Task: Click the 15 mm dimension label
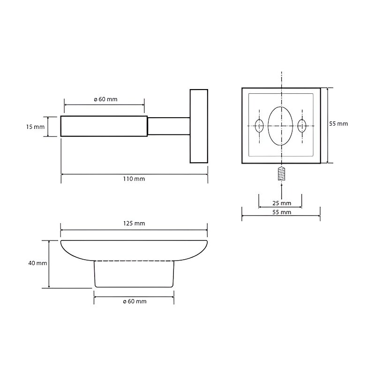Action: [35, 127]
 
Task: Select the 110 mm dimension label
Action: [134, 179]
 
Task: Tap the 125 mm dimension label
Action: [134, 224]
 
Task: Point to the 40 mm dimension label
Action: [37, 263]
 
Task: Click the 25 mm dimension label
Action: [282, 203]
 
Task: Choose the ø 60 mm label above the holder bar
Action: [105, 99]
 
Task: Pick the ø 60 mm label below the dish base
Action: [135, 301]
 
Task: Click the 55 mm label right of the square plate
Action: [338, 124]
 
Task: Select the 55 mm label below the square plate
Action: [282, 212]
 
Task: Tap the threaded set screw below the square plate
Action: [282, 173]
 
